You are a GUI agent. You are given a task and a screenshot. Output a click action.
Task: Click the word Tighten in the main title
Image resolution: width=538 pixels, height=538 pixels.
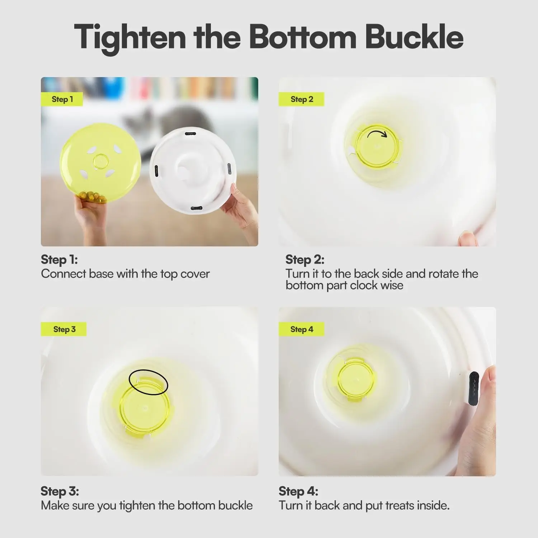[x=130, y=37]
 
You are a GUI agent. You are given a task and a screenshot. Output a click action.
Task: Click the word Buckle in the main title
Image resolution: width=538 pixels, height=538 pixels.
[x=414, y=37]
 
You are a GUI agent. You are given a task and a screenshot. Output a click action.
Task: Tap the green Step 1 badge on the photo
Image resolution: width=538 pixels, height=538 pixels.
[x=62, y=99]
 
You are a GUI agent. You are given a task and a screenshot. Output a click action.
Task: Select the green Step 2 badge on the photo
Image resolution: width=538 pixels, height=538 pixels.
[x=301, y=99]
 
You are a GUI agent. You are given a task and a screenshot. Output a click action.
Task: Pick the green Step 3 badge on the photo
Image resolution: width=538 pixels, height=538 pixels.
[x=64, y=329]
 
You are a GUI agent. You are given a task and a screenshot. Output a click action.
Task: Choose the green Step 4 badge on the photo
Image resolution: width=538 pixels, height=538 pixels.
[x=301, y=329]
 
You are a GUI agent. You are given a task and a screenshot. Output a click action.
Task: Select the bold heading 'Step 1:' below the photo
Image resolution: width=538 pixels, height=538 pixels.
[x=59, y=259]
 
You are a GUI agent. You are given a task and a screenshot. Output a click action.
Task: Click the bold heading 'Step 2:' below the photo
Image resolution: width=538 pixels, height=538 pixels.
[x=305, y=259]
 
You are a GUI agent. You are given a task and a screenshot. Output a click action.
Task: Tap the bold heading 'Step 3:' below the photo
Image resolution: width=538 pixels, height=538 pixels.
[x=60, y=491]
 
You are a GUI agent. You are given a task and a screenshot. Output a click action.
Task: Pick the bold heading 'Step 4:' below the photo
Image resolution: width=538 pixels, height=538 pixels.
[x=298, y=491]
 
